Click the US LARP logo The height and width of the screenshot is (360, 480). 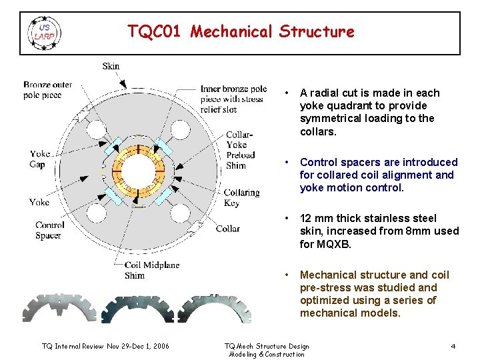(x=44, y=32)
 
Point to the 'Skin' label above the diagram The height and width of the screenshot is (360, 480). (x=111, y=66)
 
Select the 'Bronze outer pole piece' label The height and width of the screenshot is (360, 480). (x=47, y=90)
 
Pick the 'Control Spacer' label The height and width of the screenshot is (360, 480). (x=49, y=230)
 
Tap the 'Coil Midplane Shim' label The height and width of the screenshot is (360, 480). (x=152, y=270)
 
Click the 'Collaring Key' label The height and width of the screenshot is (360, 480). (x=241, y=197)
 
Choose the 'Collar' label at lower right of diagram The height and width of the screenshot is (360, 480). (x=228, y=229)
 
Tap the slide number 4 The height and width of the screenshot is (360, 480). (x=453, y=346)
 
